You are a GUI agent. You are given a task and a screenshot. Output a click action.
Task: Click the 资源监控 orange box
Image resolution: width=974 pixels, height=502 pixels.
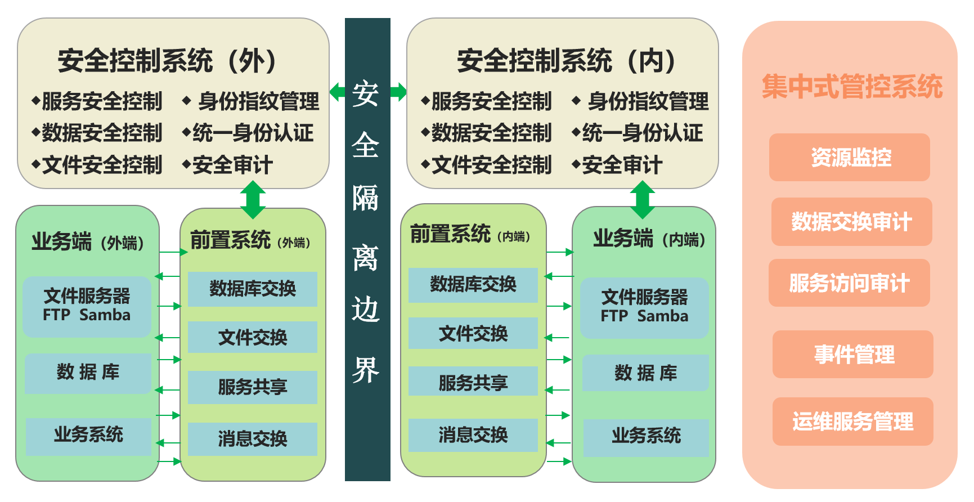(849, 157)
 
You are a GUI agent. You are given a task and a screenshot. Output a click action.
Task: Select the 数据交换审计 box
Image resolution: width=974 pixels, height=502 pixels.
(851, 222)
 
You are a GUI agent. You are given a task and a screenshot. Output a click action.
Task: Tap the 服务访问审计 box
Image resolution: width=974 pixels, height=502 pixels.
(849, 283)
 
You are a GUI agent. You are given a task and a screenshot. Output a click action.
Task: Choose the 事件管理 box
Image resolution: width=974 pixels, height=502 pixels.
(852, 355)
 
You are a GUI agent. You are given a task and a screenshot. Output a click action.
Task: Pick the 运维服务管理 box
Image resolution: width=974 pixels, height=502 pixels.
(852, 422)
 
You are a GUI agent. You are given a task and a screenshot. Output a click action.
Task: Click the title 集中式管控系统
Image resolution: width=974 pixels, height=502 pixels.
(852, 87)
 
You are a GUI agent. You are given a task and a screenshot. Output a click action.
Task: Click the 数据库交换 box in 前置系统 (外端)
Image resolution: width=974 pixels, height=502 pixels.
(252, 289)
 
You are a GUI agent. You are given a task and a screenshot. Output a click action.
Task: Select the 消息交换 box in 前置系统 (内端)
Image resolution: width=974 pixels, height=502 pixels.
(473, 435)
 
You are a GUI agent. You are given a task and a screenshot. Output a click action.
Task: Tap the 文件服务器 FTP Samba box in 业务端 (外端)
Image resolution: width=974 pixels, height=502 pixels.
(87, 306)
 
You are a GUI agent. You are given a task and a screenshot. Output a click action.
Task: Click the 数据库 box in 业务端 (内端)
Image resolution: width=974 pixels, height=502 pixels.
(645, 373)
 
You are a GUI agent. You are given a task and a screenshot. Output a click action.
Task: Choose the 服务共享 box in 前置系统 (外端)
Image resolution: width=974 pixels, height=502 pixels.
(252, 387)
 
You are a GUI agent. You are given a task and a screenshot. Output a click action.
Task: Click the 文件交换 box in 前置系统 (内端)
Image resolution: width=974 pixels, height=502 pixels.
(473, 333)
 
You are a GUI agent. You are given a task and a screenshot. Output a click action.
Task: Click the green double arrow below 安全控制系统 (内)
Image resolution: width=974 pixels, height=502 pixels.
(642, 200)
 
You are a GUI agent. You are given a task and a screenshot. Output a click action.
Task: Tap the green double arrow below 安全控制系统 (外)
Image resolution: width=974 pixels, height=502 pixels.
(253, 200)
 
